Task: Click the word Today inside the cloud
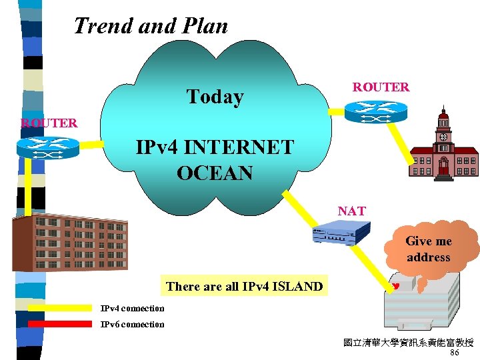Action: coord(215,97)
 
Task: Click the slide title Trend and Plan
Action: coord(151,26)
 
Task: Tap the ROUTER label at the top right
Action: coord(381,87)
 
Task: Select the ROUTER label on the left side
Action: coord(49,123)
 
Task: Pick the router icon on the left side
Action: coord(48,148)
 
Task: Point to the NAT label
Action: coord(351,211)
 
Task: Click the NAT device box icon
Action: coord(341,234)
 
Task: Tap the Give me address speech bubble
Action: coord(429,249)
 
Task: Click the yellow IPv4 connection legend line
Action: coord(59,308)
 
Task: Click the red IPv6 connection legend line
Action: coord(59,324)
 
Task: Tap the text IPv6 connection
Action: coord(132,325)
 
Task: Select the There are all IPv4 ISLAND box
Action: coord(244,287)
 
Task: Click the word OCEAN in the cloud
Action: coord(215,173)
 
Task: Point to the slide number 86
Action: coord(455,353)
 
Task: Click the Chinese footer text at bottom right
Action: coord(408,343)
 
